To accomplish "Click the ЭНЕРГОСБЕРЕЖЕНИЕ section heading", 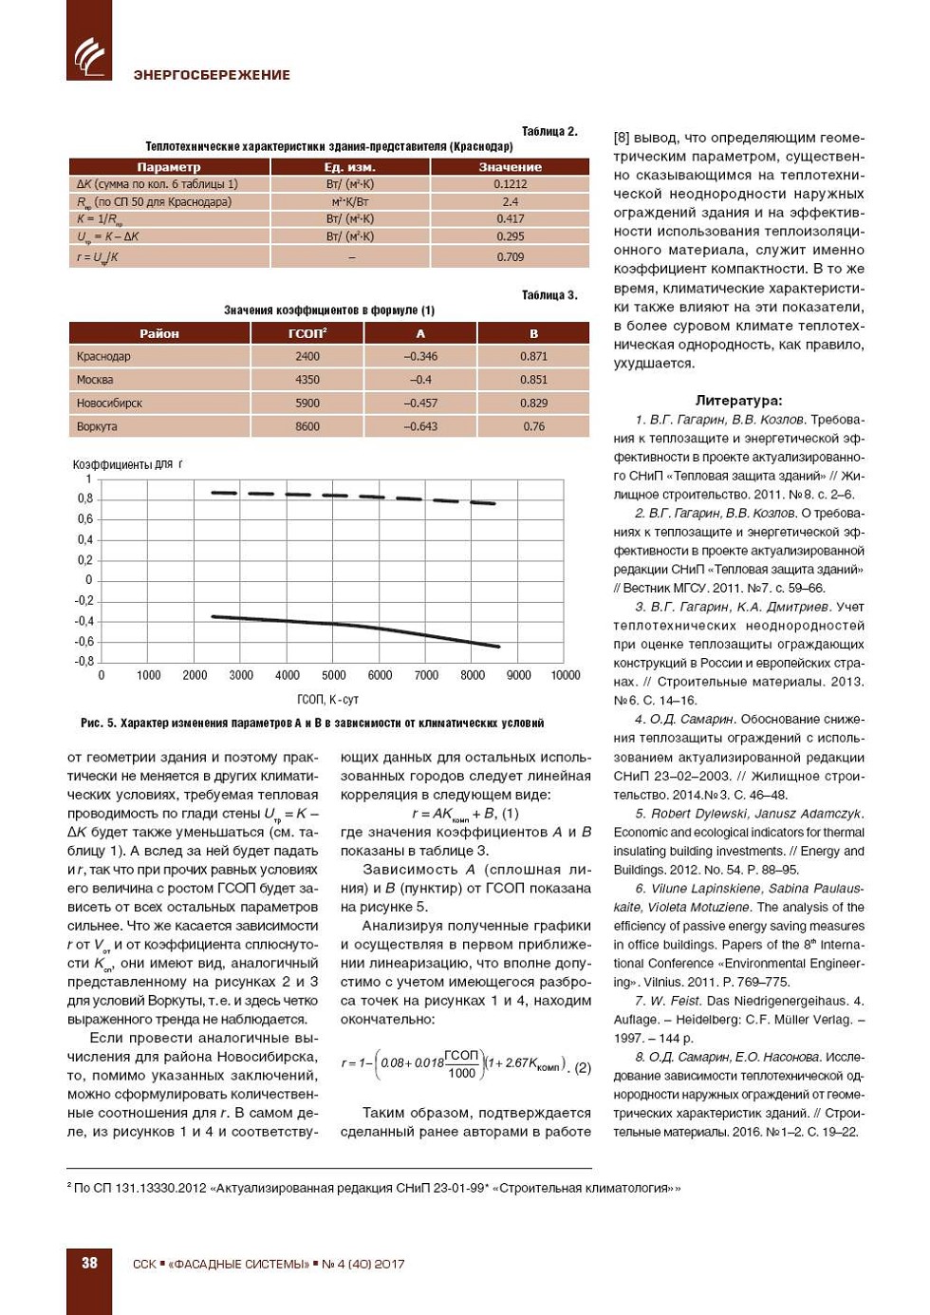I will pyautogui.click(x=212, y=75).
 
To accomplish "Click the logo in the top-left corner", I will pyautogui.click(x=89, y=55).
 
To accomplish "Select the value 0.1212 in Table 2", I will pyautogui.click(x=511, y=184).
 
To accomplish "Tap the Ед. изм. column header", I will pyautogui.click(x=350, y=167).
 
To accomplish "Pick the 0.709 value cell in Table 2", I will pyautogui.click(x=511, y=257).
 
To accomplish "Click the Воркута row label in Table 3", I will pyautogui.click(x=98, y=426).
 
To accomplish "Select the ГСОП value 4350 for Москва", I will pyautogui.click(x=307, y=380).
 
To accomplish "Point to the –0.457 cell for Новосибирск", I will pyautogui.click(x=420, y=404).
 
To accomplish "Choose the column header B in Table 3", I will pyautogui.click(x=533, y=334).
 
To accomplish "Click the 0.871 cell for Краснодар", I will pyautogui.click(x=533, y=356).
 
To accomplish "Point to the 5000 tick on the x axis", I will pyautogui.click(x=334, y=675).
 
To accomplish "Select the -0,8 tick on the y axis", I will pyautogui.click(x=85, y=661).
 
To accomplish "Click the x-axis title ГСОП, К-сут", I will pyautogui.click(x=328, y=700).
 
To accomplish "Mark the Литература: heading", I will pyautogui.click(x=738, y=401).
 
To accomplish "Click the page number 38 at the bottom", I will pyautogui.click(x=89, y=1263).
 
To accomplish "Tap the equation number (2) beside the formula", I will pyautogui.click(x=583, y=1067).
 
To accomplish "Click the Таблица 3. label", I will pyautogui.click(x=549, y=295).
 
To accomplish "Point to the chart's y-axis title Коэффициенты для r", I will pyautogui.click(x=127, y=464).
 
